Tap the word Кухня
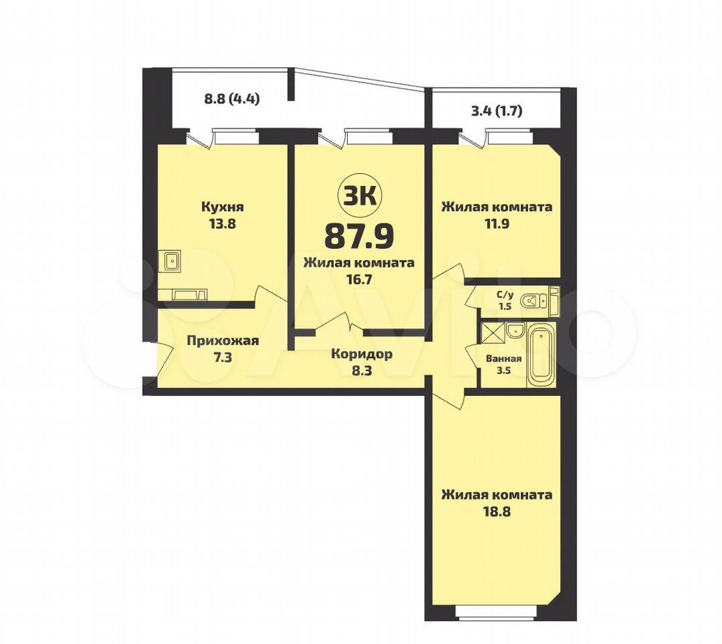222,207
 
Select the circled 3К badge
360,196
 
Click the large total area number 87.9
360,235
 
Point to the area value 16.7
360,280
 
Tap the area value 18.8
497,512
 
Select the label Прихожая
222,341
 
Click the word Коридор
362,354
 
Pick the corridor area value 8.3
362,371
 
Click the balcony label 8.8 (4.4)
231,99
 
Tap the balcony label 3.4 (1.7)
497,111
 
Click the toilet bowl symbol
533,301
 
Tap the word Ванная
504,359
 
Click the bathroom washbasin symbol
515,330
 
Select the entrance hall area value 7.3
222,358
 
